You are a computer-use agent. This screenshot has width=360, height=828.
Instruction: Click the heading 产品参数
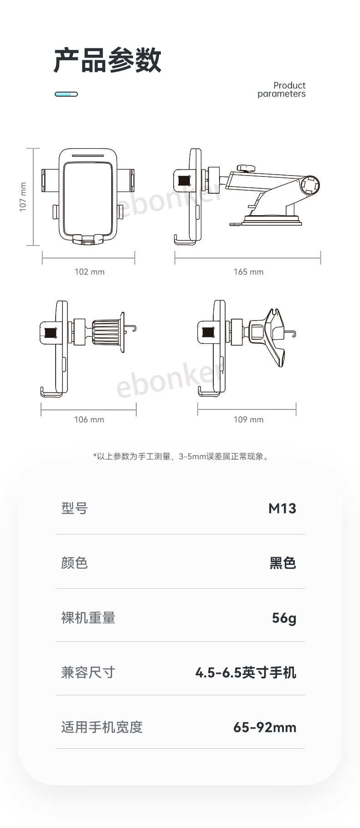[x=108, y=60]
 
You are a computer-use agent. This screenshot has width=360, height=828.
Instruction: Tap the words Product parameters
[x=281, y=89]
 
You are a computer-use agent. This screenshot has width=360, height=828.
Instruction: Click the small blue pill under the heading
[x=66, y=94]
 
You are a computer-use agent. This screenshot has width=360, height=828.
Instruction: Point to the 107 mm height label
[x=23, y=197]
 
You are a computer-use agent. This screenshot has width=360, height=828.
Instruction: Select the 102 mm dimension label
[x=89, y=272]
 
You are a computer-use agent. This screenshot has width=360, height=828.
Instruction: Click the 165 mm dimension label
[x=248, y=272]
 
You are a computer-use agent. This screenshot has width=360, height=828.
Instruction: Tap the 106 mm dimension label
[x=89, y=419]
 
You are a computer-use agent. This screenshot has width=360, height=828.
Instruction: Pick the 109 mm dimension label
[x=248, y=419]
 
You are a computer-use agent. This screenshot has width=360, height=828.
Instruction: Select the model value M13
[x=282, y=508]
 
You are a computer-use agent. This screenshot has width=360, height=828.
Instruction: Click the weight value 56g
[x=284, y=618]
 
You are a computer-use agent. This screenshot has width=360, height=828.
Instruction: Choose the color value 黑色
[x=283, y=563]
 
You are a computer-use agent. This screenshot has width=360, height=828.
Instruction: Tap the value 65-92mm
[x=265, y=727]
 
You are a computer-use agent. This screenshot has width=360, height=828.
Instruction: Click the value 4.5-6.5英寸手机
[x=246, y=673]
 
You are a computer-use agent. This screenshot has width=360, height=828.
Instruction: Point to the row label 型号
[x=74, y=508]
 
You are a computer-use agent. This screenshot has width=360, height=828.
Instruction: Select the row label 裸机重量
[x=88, y=618]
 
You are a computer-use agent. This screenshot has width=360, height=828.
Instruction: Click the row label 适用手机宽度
[x=102, y=727]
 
